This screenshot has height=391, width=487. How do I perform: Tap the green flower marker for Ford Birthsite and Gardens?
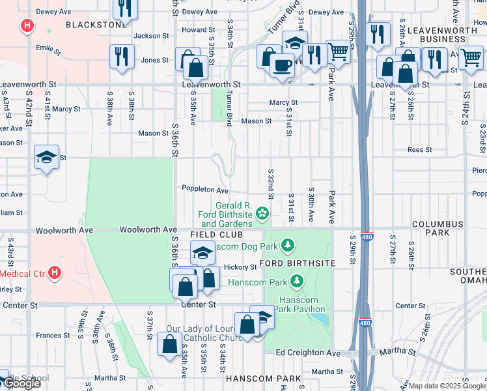(x=262, y=213)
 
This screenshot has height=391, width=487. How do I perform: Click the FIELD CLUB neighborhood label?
(x=217, y=234)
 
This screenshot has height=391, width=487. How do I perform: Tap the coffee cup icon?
(x=282, y=66)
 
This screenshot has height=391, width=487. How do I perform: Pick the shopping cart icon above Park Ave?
(x=338, y=51)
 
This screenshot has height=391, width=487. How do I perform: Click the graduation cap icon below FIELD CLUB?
(x=202, y=252)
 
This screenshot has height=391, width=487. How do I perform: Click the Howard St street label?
(x=198, y=30)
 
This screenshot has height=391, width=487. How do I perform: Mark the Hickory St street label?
(x=240, y=267)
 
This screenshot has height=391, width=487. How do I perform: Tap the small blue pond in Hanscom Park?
(x=319, y=319)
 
